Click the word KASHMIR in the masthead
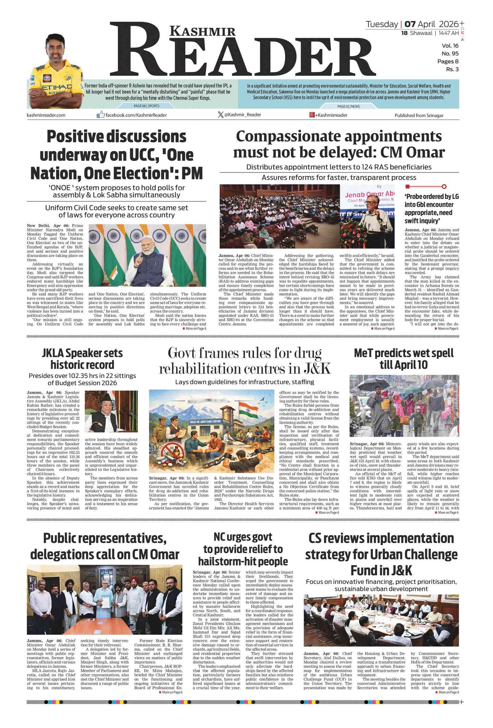pos(203,31)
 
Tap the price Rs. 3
pos(452,69)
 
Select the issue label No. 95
pos(450,54)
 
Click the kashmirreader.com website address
pos(46,115)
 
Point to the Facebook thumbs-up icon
pos(100,115)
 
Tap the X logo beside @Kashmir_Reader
pos(220,115)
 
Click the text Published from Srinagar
pos(419,116)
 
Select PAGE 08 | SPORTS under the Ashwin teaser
pos(146,106)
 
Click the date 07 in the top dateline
pos(410,24)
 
